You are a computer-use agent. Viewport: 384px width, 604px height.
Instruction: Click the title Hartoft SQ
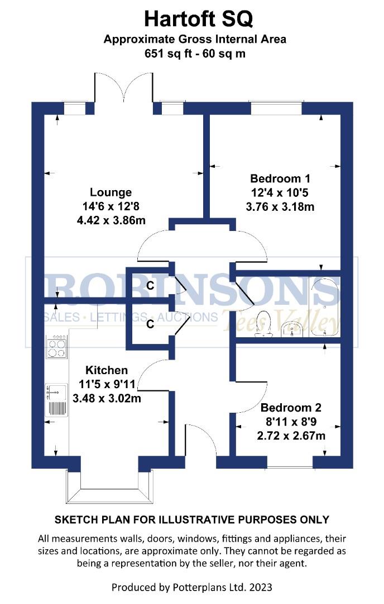point(198,19)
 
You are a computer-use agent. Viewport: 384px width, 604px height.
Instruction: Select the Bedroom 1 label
point(280,180)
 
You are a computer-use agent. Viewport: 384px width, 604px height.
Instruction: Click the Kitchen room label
point(106,370)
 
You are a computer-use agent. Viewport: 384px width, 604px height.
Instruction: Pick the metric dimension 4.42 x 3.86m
point(111,220)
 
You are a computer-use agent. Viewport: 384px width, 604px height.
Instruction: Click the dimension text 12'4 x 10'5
point(280,193)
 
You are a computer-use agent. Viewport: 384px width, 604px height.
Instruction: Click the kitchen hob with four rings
point(56,348)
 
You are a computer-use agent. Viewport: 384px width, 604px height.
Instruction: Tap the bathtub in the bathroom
point(325,308)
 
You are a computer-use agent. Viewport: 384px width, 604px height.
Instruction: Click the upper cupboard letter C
point(150,286)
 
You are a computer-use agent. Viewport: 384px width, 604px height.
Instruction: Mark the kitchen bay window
point(108,487)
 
